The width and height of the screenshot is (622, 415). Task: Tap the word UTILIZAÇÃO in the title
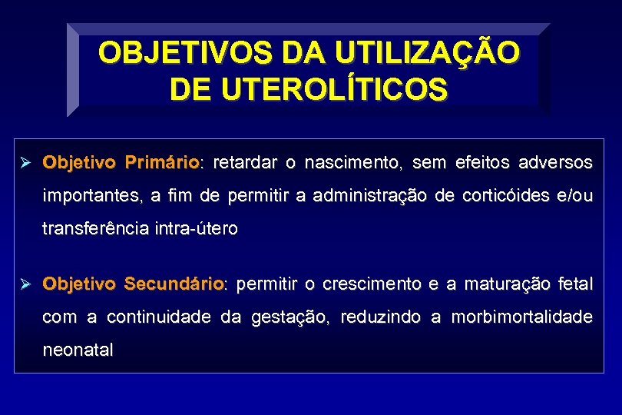421,54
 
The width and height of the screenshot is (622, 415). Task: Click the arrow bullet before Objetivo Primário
24,163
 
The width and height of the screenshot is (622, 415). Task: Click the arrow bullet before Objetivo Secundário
24,284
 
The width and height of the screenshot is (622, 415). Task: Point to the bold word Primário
162,163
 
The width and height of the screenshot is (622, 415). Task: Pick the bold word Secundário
174,284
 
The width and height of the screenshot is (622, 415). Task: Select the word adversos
555,163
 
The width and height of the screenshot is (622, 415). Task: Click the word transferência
95,229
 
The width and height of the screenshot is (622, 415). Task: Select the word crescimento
372,284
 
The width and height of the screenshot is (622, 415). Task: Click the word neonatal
78,350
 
